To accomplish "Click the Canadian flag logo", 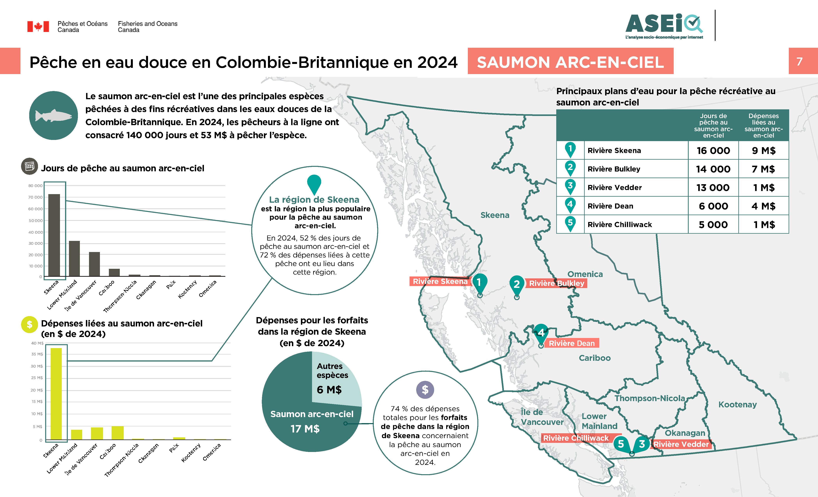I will [38, 27].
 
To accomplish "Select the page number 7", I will [799, 61].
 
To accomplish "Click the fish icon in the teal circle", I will [53, 116].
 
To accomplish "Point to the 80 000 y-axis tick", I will [35, 186].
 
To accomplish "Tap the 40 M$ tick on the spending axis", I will [37, 343].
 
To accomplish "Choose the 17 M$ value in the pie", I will [305, 429].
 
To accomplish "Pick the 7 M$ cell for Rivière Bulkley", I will [763, 169].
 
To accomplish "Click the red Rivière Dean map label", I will [571, 343].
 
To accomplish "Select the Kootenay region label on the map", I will [737, 405].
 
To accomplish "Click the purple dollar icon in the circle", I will [425, 390].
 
